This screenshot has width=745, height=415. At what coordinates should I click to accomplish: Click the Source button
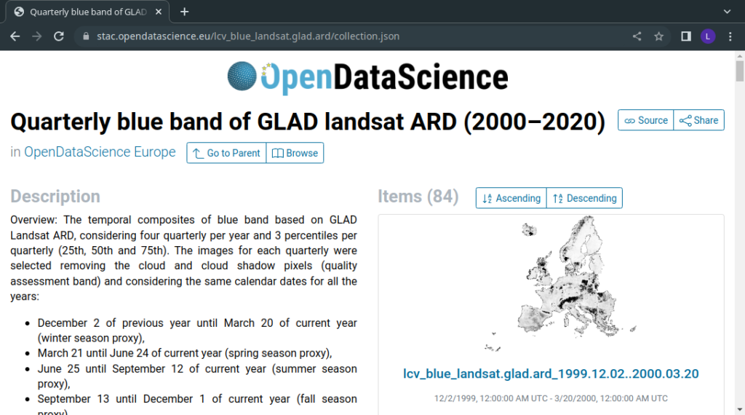tap(646, 120)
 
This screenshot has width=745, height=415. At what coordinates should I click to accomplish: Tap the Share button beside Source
tap(699, 120)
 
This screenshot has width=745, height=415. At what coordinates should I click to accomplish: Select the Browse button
tap(295, 153)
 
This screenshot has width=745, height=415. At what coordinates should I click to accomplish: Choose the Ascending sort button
tap(511, 198)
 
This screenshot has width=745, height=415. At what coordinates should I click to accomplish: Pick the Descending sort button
tap(584, 198)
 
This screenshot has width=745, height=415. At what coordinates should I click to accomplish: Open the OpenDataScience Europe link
tap(100, 152)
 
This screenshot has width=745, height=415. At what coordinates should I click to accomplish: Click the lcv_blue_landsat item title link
tap(551, 373)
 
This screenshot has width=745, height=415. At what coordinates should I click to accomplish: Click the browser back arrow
tap(15, 36)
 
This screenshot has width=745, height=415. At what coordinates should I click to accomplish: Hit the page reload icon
tap(59, 36)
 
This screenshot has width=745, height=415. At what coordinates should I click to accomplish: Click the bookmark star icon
tap(658, 36)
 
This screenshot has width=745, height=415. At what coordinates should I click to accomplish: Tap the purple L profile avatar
tap(708, 36)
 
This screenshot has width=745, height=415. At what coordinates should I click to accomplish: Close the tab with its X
tap(159, 12)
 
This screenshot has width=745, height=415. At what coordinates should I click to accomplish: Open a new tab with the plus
tap(184, 12)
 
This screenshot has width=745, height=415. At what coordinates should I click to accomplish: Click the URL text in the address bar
tap(248, 36)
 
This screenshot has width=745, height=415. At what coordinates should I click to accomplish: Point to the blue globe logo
tap(242, 76)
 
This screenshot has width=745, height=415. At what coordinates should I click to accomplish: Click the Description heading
tap(55, 197)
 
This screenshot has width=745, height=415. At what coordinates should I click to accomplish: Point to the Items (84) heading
tap(418, 197)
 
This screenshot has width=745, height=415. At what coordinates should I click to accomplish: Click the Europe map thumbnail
tap(561, 284)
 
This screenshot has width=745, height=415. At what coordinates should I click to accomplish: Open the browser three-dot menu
tap(730, 36)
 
